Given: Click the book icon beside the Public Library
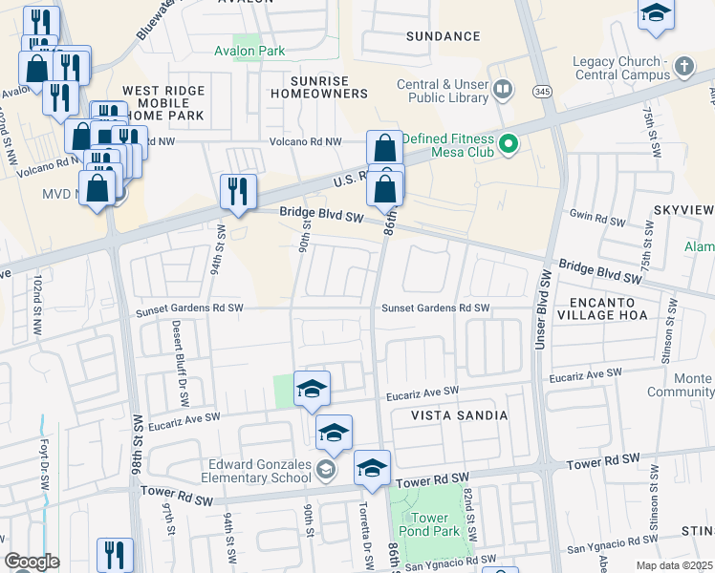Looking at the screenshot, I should pyautogui.click(x=504, y=91).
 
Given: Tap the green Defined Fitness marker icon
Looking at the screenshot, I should pyautogui.click(x=509, y=145).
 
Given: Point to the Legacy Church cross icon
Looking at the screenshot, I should pyautogui.click(x=683, y=68).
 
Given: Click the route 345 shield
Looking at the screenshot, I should pyautogui.click(x=542, y=92).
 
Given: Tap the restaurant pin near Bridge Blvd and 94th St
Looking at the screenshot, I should pyautogui.click(x=238, y=191).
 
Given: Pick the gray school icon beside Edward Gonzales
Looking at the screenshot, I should pyautogui.click(x=327, y=469).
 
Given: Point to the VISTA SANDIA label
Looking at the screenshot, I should pyautogui.click(x=460, y=415).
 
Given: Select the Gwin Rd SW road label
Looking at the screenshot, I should pyautogui.click(x=596, y=221).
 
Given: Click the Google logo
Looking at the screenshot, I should pyautogui.click(x=32, y=562).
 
